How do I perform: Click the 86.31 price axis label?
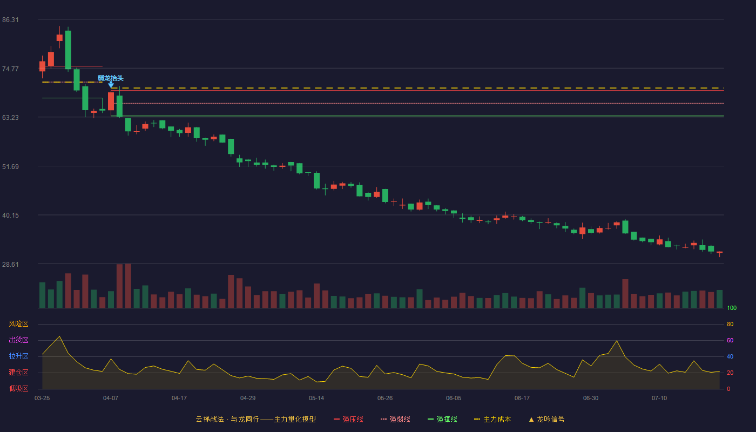point(10,20)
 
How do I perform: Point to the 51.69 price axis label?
point(10,167)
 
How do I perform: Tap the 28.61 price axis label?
point(10,264)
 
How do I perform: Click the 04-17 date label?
point(179,399)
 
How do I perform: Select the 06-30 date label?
point(591,399)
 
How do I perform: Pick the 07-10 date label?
point(659,399)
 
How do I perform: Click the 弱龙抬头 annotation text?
point(111,78)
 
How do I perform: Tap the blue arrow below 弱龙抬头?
point(111,85)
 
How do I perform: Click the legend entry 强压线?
point(349,419)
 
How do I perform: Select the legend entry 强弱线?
point(395,419)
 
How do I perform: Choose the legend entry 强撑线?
point(442,419)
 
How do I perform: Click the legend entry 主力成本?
point(492,419)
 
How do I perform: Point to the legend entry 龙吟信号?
point(546,419)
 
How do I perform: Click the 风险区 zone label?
point(18,324)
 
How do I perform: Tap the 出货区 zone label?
point(18,340)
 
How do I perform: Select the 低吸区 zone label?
point(18,388)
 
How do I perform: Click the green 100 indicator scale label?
point(732,308)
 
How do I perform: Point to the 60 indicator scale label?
point(730,340)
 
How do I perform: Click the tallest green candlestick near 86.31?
point(68,50)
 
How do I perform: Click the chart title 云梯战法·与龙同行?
point(227,419)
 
